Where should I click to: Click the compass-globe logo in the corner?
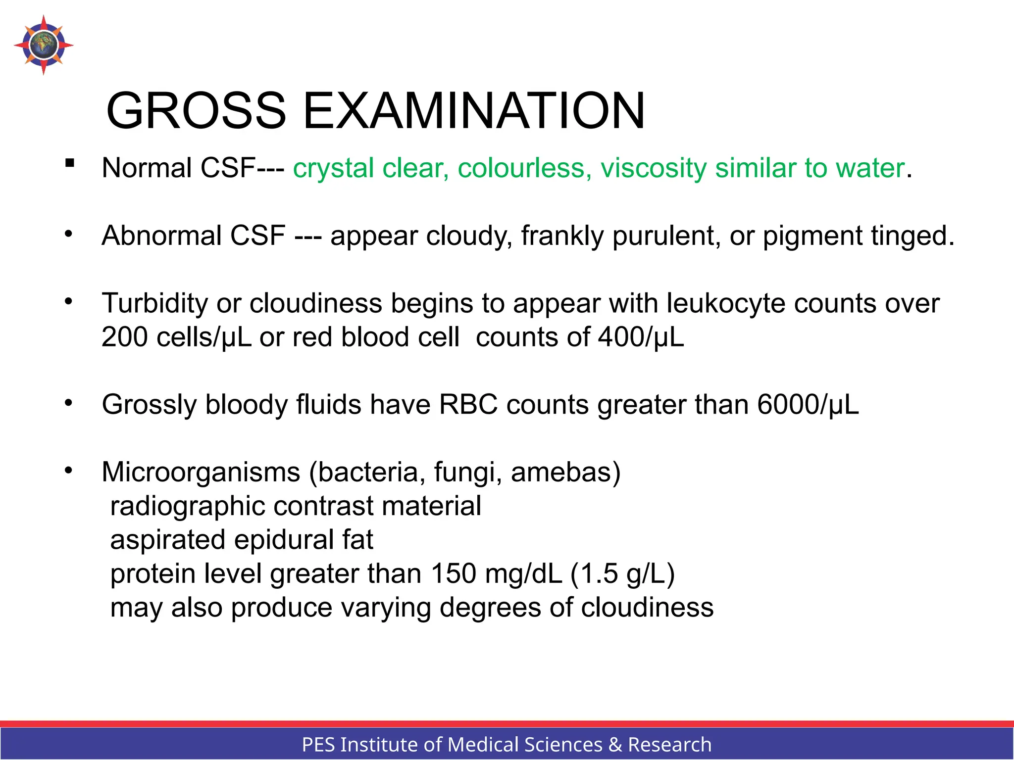point(44,45)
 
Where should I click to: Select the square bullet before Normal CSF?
point(69,162)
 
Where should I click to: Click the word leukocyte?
point(725,303)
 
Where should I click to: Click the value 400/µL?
point(641,337)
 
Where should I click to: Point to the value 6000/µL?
point(808,405)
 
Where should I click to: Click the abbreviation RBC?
point(468,405)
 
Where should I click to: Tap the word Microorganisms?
point(201,472)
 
